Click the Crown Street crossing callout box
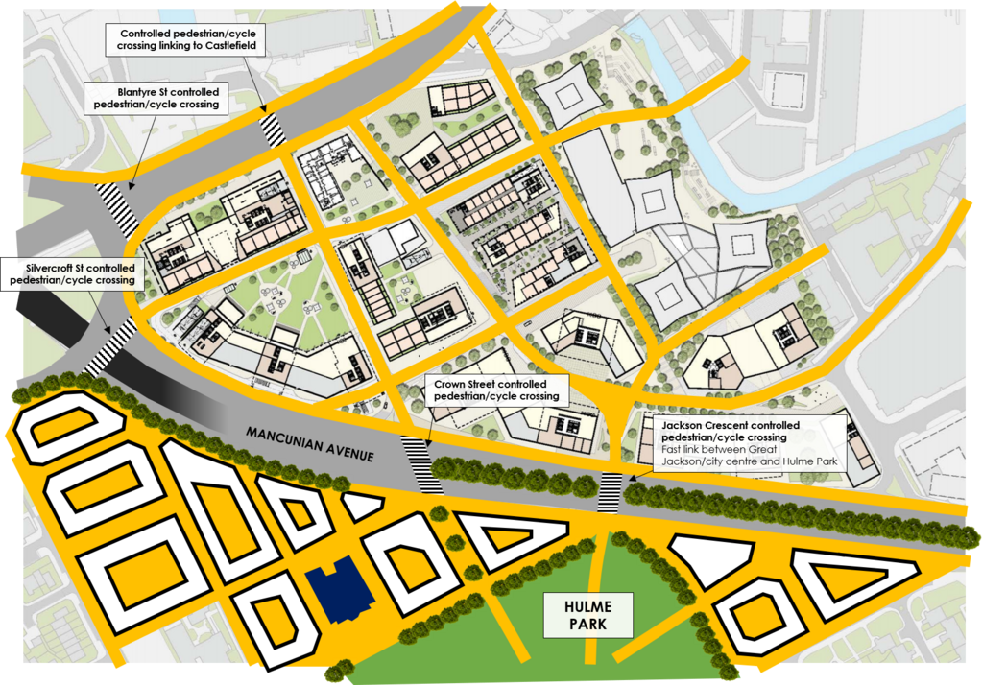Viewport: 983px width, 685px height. pyautogui.click(x=495, y=390)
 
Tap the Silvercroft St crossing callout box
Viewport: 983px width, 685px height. pyautogui.click(x=72, y=273)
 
